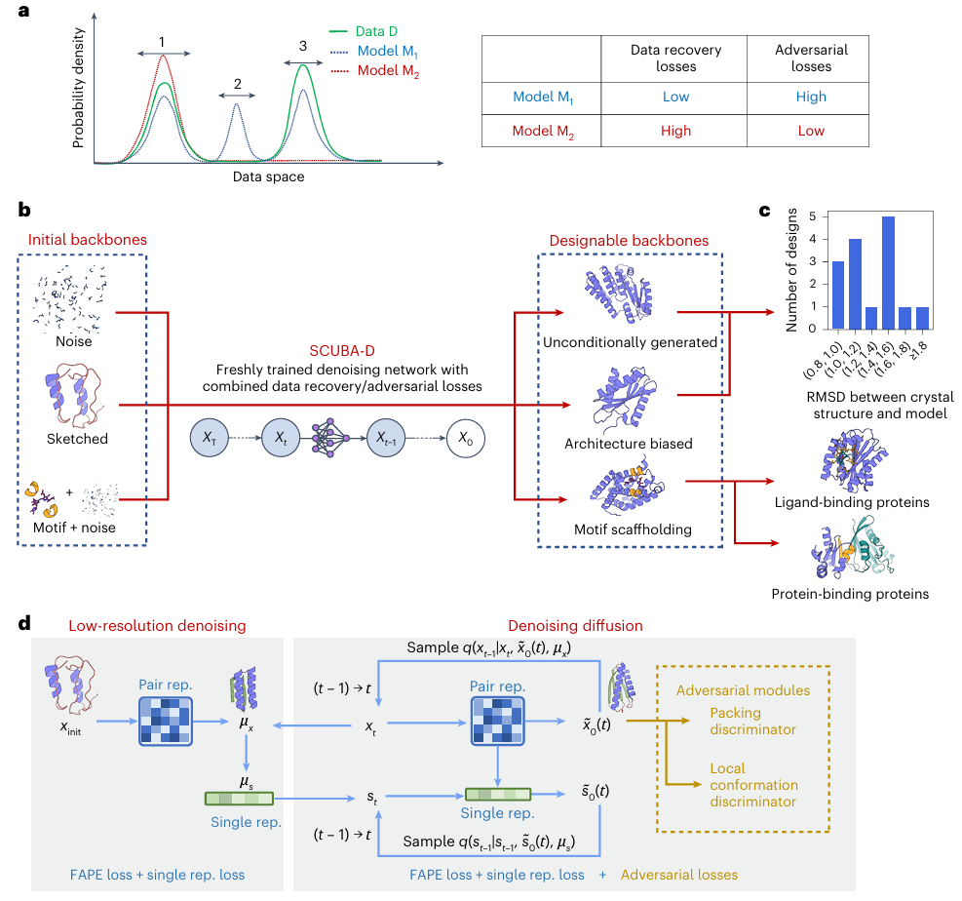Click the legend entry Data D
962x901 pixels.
point(385,30)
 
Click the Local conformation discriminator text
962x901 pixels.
point(754,785)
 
